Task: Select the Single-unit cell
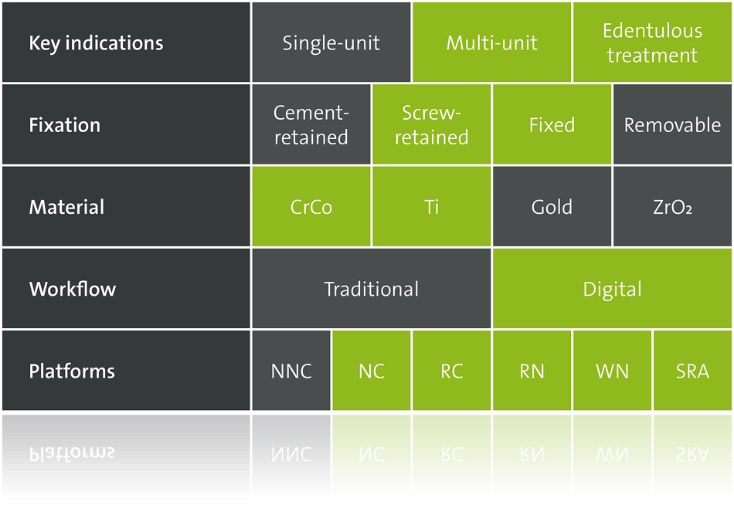pos(331,42)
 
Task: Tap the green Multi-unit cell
pos(491,42)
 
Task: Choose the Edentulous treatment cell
pos(652,42)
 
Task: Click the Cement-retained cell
pos(311,124)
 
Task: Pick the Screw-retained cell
pos(432,124)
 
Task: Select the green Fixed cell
pos(552,124)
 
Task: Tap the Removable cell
pos(672,124)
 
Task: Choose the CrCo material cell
pos(311,206)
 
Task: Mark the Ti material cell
pos(432,206)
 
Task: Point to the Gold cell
pos(552,206)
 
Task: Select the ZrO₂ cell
pos(672,206)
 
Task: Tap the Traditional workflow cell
pos(371,288)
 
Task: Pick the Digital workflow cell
pos(612,288)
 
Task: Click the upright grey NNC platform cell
pos(291,371)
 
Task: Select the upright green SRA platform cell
pos(692,371)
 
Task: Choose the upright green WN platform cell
pos(612,371)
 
